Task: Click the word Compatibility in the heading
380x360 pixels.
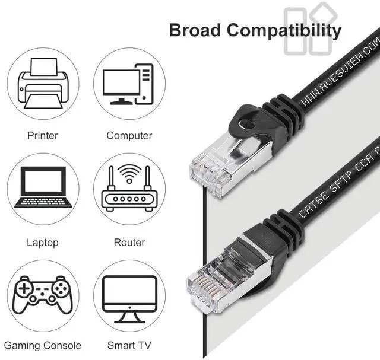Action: pos(284,30)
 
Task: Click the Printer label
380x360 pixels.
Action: pos(43,135)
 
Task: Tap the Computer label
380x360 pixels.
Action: pos(129,135)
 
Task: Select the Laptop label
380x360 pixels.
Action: pos(43,242)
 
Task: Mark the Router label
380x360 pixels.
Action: pos(129,242)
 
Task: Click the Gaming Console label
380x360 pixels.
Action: pos(43,345)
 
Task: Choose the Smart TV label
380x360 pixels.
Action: pos(129,345)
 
